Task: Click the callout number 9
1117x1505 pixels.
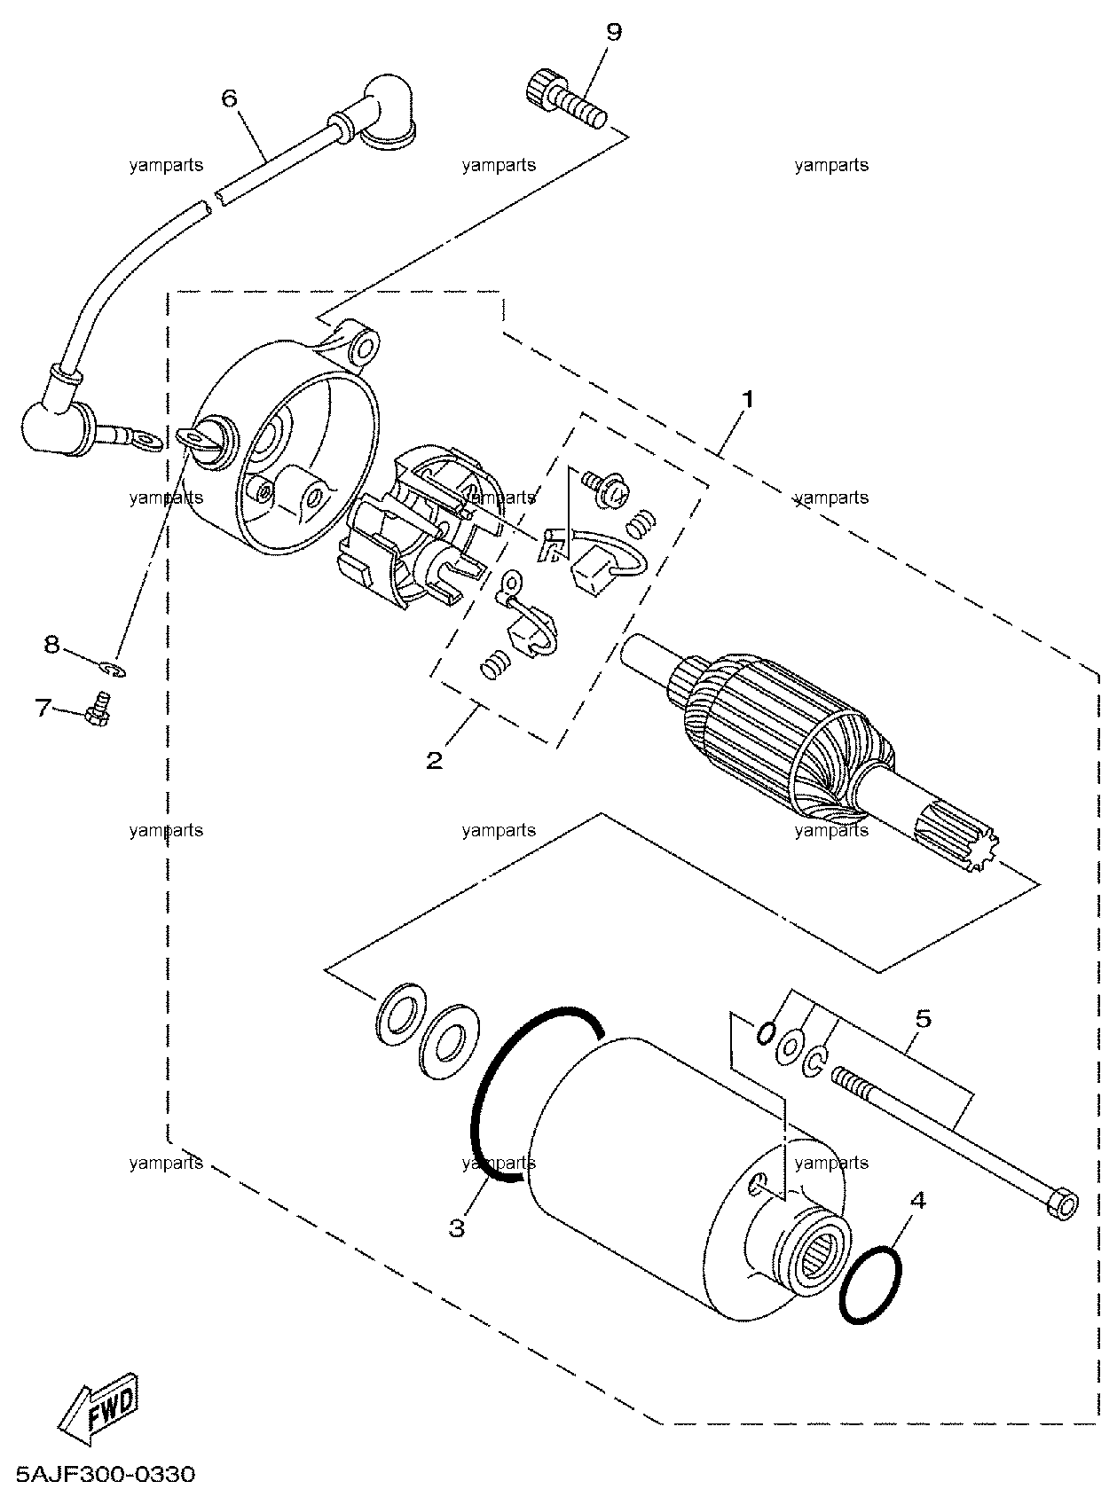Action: [x=613, y=32]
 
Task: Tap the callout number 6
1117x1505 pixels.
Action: [x=230, y=98]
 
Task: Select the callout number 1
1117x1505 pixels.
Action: [x=748, y=399]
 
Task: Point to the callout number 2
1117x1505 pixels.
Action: [x=435, y=760]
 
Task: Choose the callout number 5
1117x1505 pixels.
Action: [x=924, y=1018]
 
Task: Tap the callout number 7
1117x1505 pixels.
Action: [x=43, y=709]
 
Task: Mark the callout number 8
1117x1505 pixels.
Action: [x=51, y=644]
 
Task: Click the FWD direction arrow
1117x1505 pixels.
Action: [x=98, y=1407]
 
